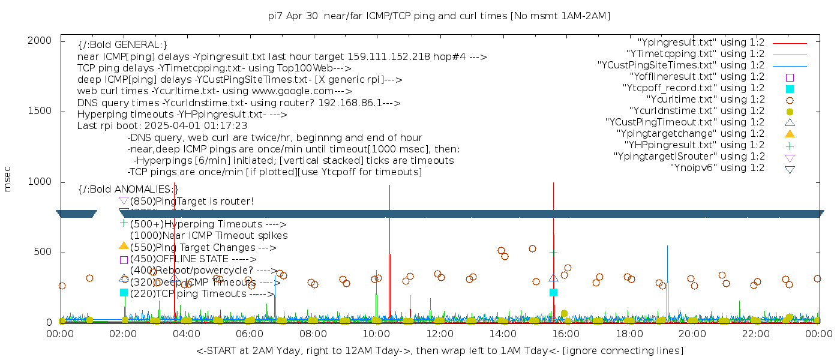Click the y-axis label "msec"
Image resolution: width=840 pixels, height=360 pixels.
(x=8, y=179)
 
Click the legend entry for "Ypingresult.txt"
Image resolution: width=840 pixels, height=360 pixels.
(x=700, y=43)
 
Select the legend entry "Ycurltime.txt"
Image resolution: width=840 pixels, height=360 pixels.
(x=705, y=100)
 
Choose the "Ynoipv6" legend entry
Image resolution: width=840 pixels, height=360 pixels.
(x=717, y=168)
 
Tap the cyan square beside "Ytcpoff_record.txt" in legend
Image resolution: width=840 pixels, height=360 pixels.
(x=790, y=89)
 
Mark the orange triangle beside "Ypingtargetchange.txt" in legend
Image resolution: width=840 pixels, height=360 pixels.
(x=790, y=134)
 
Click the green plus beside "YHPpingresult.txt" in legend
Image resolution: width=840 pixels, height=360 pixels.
(x=790, y=145)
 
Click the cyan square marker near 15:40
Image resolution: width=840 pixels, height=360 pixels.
(x=553, y=292)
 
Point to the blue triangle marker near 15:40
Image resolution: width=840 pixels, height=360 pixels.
(x=553, y=278)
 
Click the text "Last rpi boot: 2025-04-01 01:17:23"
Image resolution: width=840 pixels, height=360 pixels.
(x=162, y=126)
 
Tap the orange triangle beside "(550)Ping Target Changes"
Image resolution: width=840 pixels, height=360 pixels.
(x=124, y=245)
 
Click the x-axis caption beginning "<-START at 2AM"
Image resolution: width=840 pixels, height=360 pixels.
(x=439, y=350)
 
